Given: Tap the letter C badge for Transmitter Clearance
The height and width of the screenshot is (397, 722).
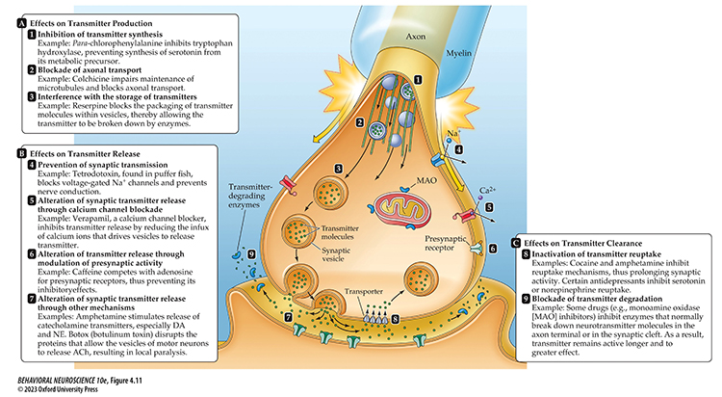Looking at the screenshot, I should [x=519, y=242].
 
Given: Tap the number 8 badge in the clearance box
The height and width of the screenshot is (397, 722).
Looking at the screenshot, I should [x=527, y=253].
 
